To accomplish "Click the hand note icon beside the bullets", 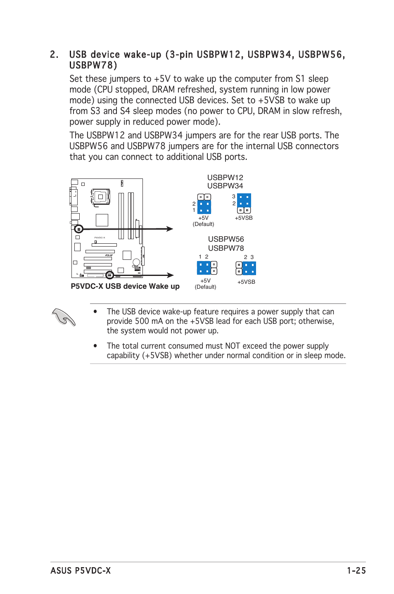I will pos(64,317).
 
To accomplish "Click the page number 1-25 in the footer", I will pos(356,570).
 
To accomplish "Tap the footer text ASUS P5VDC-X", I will pos(81,570).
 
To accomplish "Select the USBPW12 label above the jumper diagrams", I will pos(225,178).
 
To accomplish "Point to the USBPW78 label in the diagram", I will pos(226,248).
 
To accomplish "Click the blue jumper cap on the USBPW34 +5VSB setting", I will pos(244,200).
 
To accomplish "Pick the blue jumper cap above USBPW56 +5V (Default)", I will pos(204,268).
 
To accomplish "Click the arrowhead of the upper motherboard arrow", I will pos(170,229).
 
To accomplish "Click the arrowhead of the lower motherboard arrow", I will pos(170,275).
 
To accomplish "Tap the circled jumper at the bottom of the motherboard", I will pos(109,275).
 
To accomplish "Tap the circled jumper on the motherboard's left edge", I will pos(78,229).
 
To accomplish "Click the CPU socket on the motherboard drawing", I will pos(100,197).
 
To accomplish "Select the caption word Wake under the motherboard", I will pos(159,286).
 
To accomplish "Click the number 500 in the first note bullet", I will pos(142,321).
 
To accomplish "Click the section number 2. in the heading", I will pos(54,55).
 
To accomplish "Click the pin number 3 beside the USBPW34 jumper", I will pos(234,197).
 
